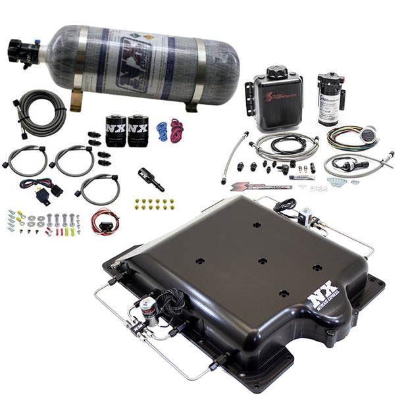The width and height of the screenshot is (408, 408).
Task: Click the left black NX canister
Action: (116, 129)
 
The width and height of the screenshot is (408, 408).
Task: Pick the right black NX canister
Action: (138, 129)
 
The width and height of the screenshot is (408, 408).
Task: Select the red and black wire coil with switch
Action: (105, 221)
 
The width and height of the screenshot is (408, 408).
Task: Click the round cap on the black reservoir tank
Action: (277, 72)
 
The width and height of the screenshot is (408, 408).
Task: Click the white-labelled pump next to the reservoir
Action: (328, 99)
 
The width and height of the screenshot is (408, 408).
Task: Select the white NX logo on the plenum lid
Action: (323, 296)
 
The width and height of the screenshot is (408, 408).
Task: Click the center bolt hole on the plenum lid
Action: (262, 261)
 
